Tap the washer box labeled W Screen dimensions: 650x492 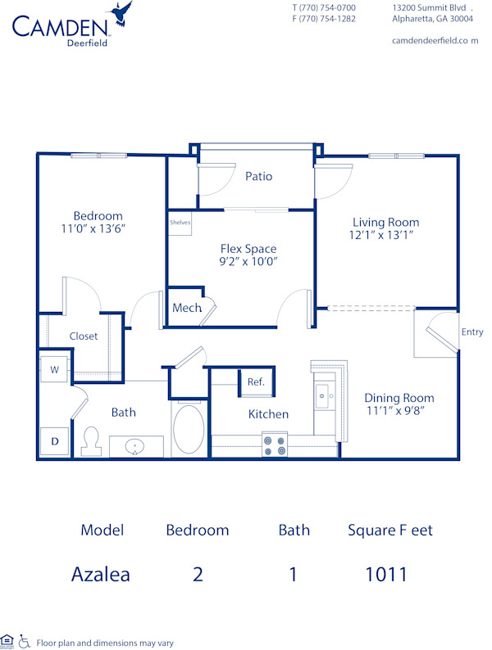click(x=55, y=369)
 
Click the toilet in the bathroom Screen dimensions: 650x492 click(x=92, y=440)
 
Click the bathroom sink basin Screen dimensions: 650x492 click(x=134, y=447)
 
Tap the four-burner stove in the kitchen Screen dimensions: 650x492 click(x=275, y=445)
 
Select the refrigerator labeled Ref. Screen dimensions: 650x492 click(x=255, y=381)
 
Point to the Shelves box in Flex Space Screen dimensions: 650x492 click(x=180, y=223)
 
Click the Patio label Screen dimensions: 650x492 click(x=258, y=176)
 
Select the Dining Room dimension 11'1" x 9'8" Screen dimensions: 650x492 click(x=399, y=412)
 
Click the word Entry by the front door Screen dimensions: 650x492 click(x=472, y=332)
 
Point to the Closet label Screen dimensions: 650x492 click(x=84, y=336)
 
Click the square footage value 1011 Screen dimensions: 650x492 click(x=387, y=574)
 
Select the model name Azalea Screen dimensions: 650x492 click(x=100, y=574)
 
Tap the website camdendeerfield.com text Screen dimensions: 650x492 click(x=435, y=40)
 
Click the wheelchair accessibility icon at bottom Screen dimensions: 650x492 click(x=24, y=642)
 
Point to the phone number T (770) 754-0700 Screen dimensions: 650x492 click(x=324, y=7)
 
